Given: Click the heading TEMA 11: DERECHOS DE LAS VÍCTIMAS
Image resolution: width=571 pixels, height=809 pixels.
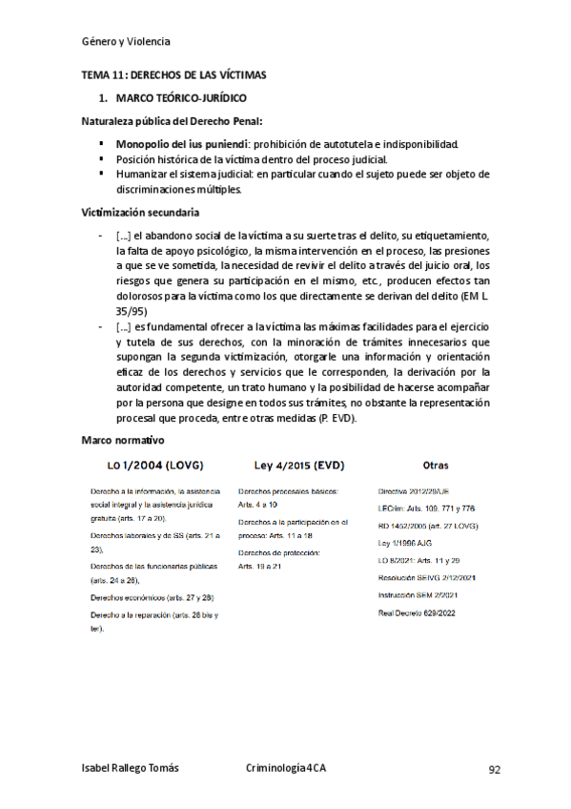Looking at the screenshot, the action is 172,74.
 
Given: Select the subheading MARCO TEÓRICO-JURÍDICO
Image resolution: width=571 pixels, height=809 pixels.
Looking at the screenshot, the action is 179,98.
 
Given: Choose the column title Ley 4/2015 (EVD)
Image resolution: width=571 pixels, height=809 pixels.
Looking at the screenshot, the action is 298,466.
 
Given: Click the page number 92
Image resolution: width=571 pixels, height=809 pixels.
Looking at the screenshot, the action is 494,769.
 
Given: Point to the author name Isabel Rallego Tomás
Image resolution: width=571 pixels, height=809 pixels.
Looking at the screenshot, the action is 130,769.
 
